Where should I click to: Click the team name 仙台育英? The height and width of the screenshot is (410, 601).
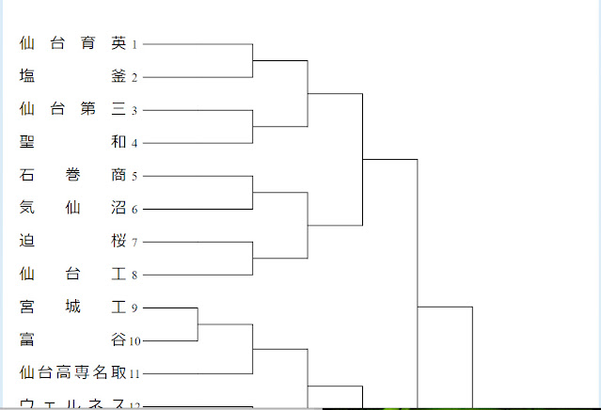tap(72, 43)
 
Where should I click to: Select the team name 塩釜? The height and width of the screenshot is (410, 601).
tap(72, 76)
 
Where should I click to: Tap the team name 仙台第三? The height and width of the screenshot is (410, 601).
tap(72, 109)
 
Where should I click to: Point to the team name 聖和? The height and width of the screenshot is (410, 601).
tap(72, 142)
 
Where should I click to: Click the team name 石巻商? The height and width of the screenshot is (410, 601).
tap(72, 175)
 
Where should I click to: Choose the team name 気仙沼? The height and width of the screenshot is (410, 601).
tap(72, 208)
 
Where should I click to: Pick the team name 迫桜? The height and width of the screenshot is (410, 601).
tap(72, 241)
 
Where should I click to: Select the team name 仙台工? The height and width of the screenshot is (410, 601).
tap(72, 274)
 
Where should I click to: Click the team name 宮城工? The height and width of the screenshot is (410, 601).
tap(72, 307)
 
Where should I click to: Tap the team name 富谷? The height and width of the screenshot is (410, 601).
tap(72, 339)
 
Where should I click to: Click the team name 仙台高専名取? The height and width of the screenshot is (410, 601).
tap(72, 372)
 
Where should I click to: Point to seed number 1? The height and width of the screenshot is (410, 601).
tap(134, 44)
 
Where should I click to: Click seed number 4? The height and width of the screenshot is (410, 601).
tap(134, 144)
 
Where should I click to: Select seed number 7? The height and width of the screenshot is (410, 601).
tap(134, 243)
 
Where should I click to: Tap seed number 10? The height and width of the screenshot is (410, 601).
tap(135, 341)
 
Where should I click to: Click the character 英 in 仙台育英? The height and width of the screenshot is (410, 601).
tap(118, 43)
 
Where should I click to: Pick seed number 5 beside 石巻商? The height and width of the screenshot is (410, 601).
tap(134, 177)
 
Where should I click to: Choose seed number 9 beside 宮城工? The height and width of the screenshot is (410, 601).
tap(134, 308)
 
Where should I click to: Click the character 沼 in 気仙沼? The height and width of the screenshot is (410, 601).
tap(118, 208)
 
